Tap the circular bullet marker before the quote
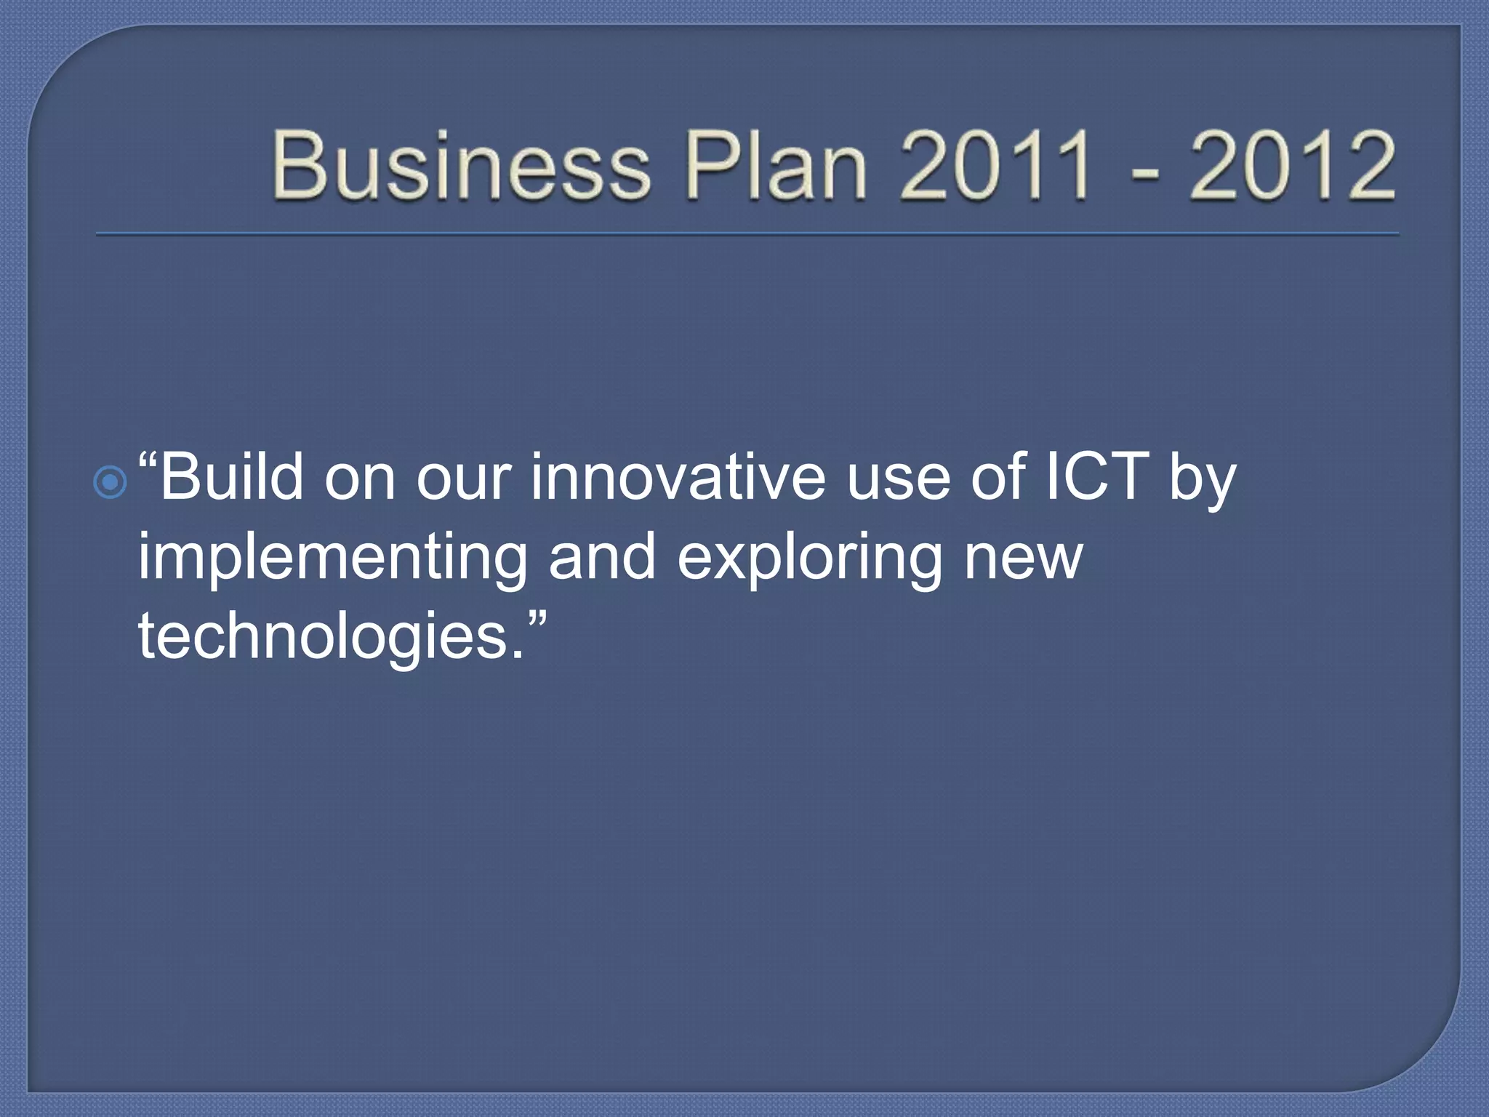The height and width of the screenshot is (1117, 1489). [111, 482]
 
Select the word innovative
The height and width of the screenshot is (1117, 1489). [678, 478]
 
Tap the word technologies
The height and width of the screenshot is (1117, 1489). [323, 636]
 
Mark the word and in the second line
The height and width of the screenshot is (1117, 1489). [602, 558]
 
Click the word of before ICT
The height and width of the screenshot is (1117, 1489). [999, 478]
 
